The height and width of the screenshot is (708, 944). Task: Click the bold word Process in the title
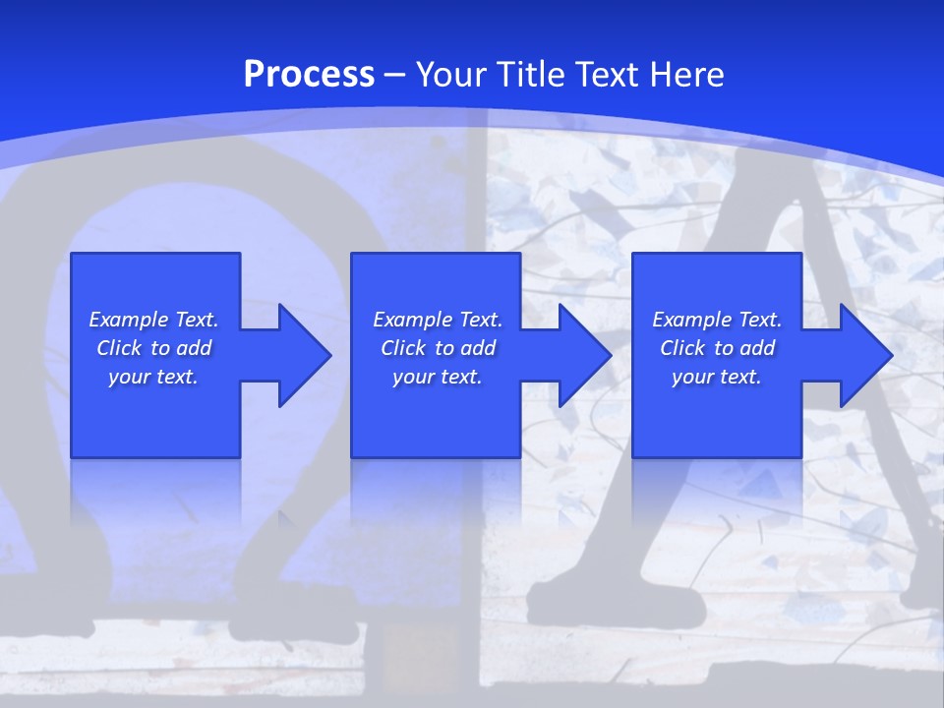(x=309, y=75)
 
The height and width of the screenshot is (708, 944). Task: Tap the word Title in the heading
(x=530, y=75)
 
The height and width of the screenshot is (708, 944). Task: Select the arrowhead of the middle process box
(x=583, y=355)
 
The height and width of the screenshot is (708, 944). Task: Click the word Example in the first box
(x=129, y=320)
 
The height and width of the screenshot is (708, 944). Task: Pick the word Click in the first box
(x=120, y=348)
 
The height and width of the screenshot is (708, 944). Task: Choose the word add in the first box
(x=195, y=348)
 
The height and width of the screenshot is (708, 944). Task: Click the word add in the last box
(x=758, y=348)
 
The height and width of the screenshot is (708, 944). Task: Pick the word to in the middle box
(x=444, y=348)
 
